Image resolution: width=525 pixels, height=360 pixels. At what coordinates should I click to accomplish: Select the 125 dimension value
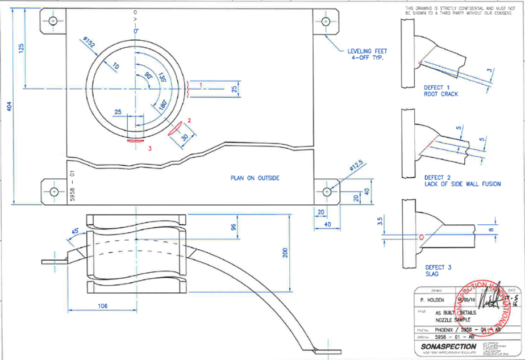pyautogui.click(x=22, y=49)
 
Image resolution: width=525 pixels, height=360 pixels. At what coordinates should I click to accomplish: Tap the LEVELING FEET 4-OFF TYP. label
pyautogui.click(x=366, y=55)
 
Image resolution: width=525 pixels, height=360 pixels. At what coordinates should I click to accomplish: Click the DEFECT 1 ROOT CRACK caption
pyautogui.click(x=441, y=91)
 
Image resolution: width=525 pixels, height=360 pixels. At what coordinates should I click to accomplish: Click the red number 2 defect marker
pyautogui.click(x=189, y=120)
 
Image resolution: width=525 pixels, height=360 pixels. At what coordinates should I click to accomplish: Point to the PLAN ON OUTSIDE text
pyautogui.click(x=255, y=178)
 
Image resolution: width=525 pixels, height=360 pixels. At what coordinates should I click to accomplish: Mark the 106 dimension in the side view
pyautogui.click(x=102, y=306)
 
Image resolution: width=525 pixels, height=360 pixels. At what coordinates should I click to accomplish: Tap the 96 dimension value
pyautogui.click(x=233, y=227)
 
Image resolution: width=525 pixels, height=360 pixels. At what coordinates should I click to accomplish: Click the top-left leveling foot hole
pyautogui.click(x=52, y=21)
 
